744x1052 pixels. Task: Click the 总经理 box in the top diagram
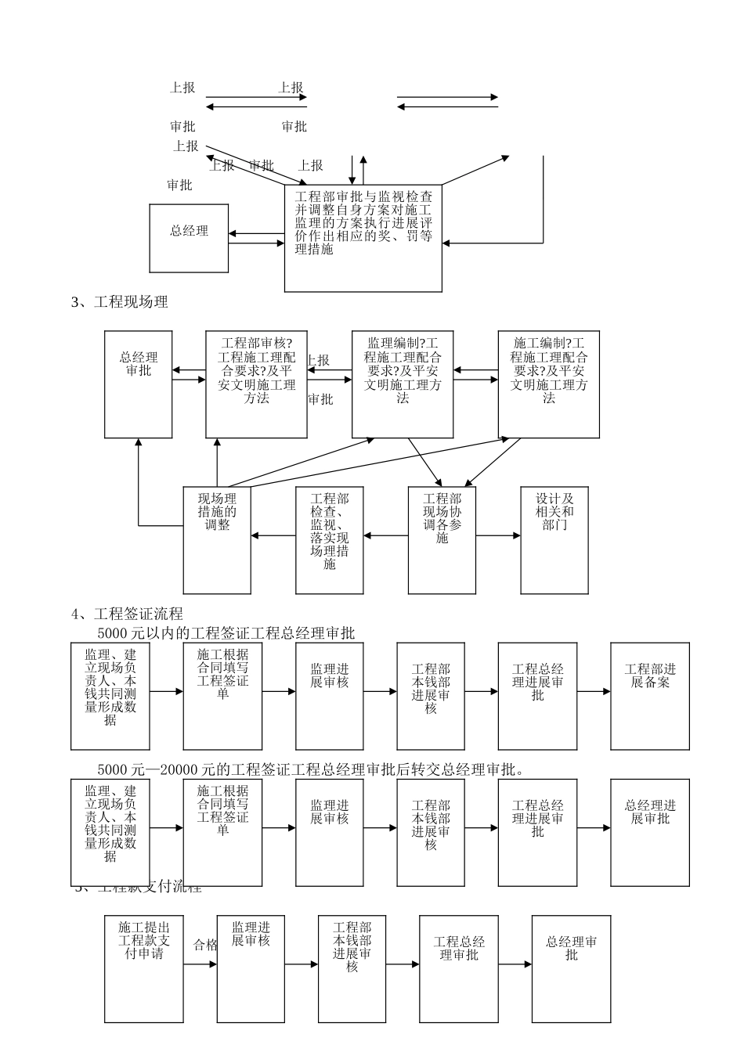189,238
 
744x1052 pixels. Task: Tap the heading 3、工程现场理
120,302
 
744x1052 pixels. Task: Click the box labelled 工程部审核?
256,384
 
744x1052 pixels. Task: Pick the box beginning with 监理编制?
402,384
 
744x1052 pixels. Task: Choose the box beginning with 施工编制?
548,384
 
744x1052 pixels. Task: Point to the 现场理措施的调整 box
217,539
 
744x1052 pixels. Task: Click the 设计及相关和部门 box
554,539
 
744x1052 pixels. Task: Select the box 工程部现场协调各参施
442,539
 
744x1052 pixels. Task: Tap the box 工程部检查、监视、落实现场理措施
329,539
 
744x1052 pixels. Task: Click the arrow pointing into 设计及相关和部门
498,536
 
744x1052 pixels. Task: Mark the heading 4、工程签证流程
127,614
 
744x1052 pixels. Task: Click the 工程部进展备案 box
650,696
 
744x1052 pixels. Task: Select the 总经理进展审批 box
650,832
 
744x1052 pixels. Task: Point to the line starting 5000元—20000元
310,769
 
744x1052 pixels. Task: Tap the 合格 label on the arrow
205,945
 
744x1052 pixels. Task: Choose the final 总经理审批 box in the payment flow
571,968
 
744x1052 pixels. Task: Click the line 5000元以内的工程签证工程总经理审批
226,633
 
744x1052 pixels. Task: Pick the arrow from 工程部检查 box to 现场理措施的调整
273,536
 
